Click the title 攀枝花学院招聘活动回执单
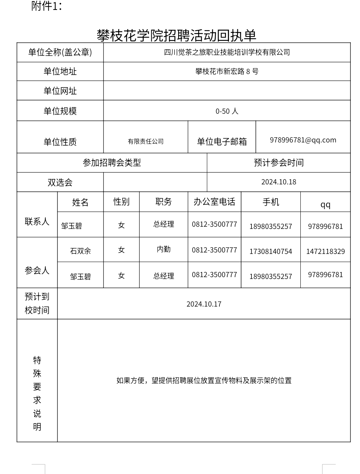pyautogui.click(x=176, y=36)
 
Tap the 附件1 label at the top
pyautogui.click(x=46, y=6)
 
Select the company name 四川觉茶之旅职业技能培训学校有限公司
pyautogui.click(x=227, y=52)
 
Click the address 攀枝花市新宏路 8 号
pyautogui.click(x=227, y=71)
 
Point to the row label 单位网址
pyautogui.click(x=60, y=91)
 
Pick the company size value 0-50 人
pyautogui.click(x=227, y=111)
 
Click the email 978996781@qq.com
pyautogui.click(x=303, y=140)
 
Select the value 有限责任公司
pyautogui.click(x=145, y=141)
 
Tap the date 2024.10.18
pyautogui.click(x=279, y=182)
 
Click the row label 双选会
pyautogui.click(x=60, y=183)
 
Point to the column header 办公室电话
pyautogui.click(x=214, y=202)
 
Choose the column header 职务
pyautogui.click(x=163, y=202)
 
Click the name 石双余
pyautogui.click(x=80, y=251)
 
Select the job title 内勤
pyautogui.click(x=163, y=249)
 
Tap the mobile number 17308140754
pyautogui.click(x=271, y=251)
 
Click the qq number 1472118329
pyautogui.click(x=325, y=251)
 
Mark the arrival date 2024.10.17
pyautogui.click(x=204, y=304)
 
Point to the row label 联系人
pyautogui.click(x=37, y=222)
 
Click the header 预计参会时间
pyautogui.click(x=279, y=163)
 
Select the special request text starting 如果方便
pyautogui.click(x=204, y=381)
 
